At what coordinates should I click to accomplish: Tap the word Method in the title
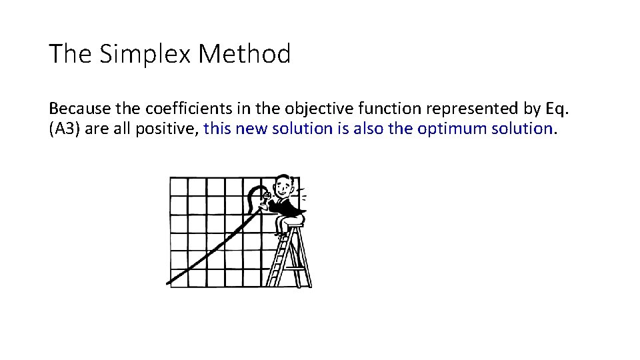245,54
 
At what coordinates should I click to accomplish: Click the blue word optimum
452,129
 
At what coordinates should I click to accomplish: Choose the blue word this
217,129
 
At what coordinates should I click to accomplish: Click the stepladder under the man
291,260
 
